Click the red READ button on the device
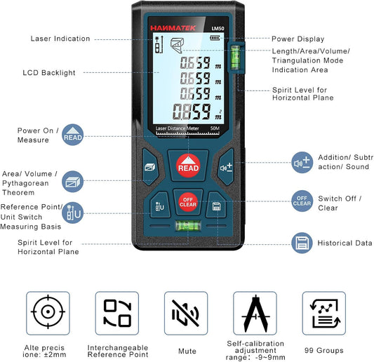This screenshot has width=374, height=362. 188,166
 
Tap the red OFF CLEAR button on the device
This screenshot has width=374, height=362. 187,201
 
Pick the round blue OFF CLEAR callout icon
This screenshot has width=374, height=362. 302,201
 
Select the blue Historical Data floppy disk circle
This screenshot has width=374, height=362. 302,243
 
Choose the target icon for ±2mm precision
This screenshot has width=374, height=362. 48,312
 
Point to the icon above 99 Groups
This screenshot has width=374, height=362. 323,312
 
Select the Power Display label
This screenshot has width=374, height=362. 298,39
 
